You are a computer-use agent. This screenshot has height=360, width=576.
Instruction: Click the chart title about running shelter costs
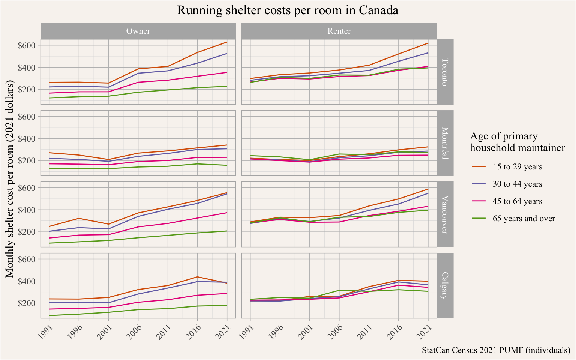point(288,10)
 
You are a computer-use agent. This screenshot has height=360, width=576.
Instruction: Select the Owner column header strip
point(138,31)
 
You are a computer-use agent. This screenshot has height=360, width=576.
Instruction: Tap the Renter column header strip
point(339,31)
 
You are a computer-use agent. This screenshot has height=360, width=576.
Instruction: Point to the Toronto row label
point(445,72)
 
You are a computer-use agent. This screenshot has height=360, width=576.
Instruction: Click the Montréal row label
point(445,143)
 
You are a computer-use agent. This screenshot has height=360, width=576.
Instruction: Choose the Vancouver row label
point(445,214)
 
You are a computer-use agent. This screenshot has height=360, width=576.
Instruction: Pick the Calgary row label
point(445,285)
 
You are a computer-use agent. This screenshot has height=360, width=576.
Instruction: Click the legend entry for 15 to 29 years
point(517,167)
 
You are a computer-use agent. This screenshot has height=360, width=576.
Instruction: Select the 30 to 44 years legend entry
point(517,184)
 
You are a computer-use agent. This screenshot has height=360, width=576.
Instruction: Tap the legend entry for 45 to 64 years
point(517,201)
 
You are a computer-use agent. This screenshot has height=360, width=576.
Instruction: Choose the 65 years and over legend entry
point(523,219)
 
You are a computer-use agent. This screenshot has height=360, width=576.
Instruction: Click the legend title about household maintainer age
point(517,142)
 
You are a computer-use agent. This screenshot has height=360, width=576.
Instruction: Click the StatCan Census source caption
point(496,350)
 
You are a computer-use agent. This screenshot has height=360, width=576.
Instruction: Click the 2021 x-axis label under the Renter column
point(423,330)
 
